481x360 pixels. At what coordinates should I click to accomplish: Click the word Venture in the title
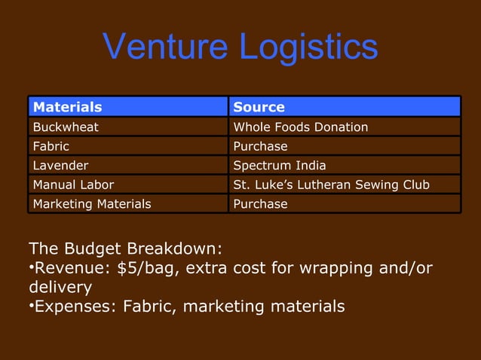[167, 47]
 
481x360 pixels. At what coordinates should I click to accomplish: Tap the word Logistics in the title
[308, 48]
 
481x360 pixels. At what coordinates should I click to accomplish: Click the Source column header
[259, 107]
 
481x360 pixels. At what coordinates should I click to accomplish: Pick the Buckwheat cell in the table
[66, 127]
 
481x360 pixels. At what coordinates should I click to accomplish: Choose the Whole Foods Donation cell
[301, 127]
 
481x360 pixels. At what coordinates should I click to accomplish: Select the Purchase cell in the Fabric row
[260, 146]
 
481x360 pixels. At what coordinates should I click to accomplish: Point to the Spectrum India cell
[280, 165]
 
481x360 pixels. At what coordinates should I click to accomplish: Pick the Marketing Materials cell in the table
[91, 203]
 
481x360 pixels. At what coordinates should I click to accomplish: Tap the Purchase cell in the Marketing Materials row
[260, 203]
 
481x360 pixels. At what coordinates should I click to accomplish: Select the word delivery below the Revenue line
[60, 288]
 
